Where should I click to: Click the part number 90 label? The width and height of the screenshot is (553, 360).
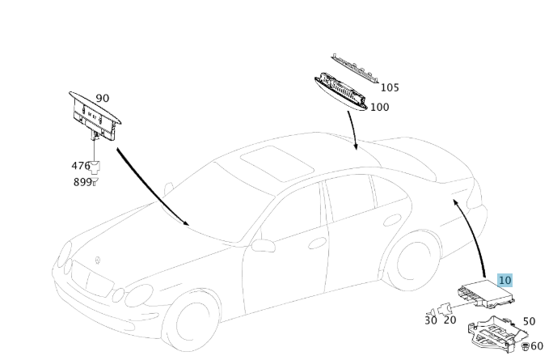[102, 98]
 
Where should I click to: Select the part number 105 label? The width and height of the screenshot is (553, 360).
[390, 87]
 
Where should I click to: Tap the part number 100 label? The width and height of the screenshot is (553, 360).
[379, 107]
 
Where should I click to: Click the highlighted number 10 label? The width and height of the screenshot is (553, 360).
[505, 281]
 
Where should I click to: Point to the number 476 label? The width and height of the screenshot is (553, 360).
[81, 166]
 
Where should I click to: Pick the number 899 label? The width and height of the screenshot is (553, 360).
[81, 182]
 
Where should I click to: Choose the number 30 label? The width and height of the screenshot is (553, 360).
[430, 320]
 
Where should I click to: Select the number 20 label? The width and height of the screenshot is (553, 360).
[450, 320]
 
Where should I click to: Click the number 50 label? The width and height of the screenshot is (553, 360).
[529, 321]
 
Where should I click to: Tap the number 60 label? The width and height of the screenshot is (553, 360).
[537, 346]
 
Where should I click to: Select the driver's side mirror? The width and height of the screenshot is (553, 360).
[263, 244]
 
